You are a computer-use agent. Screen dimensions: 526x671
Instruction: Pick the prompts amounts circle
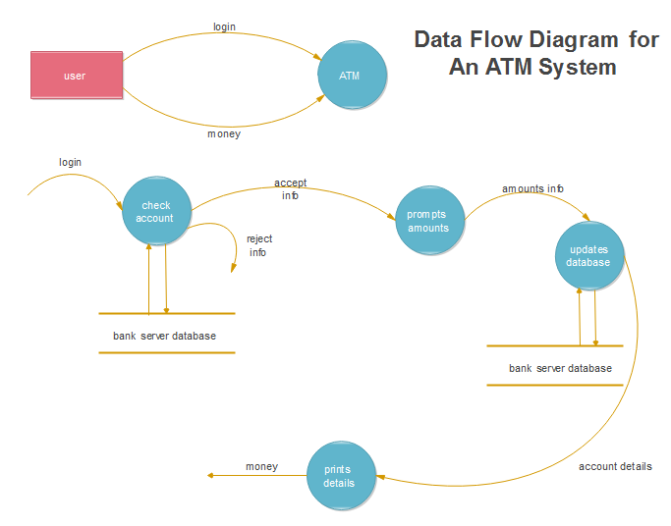428,221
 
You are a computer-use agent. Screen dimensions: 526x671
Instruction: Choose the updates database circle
588,256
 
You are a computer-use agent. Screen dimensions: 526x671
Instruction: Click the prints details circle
341,476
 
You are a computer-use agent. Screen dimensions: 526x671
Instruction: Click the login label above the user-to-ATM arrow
224,26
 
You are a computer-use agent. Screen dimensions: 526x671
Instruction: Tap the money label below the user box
223,133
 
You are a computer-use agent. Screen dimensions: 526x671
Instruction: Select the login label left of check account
70,162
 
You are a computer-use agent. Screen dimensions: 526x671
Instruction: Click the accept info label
290,188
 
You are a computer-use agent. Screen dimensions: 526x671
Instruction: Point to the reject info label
258,245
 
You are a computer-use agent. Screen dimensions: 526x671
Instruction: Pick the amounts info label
532,188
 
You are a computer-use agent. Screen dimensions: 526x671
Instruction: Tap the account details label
615,466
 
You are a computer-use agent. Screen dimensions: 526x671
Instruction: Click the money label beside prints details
261,466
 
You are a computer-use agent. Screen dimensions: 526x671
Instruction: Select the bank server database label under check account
164,336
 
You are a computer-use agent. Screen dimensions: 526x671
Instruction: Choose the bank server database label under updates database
560,368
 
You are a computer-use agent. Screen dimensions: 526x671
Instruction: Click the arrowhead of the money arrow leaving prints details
211,476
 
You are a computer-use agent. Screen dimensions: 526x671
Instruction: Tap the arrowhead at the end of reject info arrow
233,272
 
